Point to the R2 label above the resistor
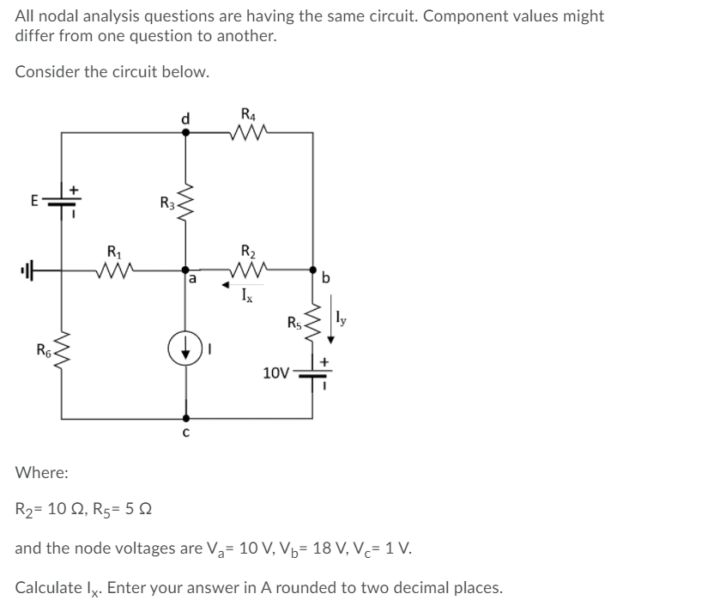point(247,251)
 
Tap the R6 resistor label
point(41,350)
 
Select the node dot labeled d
point(185,132)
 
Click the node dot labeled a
point(185,269)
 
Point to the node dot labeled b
point(313,269)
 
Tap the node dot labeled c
point(185,420)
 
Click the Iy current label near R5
point(342,318)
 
